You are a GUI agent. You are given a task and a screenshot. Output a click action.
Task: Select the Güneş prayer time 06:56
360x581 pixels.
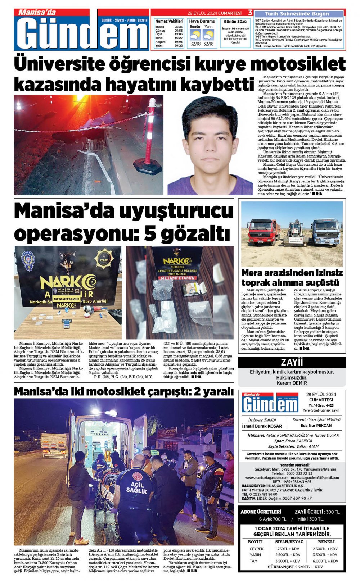click(178, 31)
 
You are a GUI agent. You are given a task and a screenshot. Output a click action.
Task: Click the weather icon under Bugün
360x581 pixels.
click(195, 35)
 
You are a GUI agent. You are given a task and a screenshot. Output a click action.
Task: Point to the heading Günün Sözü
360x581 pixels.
click(235, 22)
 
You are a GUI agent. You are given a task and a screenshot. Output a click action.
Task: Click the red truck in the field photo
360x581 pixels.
click(263, 232)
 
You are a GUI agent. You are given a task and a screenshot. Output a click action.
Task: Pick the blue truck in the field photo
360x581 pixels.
click(326, 232)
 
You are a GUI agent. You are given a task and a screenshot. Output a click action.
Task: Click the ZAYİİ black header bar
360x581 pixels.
click(292, 362)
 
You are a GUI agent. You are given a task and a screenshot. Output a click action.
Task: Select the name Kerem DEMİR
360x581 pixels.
click(292, 383)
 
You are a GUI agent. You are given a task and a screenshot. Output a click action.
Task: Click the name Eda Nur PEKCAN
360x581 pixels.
click(316, 426)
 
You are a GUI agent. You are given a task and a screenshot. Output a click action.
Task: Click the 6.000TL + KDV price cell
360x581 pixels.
click(325, 561)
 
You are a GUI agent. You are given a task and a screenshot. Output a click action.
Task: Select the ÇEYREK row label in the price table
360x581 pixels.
click(256, 549)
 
